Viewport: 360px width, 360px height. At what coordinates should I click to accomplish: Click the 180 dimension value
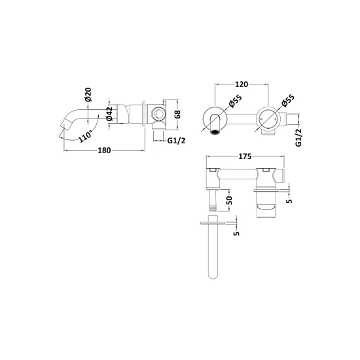[104, 151]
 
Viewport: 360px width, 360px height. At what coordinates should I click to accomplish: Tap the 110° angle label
[85, 136]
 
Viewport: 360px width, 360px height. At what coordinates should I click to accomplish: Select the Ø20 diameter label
[88, 94]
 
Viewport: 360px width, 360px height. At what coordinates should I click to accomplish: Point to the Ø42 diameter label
[109, 113]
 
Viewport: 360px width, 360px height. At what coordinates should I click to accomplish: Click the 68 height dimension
[177, 114]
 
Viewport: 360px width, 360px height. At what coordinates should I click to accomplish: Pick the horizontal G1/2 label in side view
[176, 140]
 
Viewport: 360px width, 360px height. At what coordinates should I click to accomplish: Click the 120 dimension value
[242, 84]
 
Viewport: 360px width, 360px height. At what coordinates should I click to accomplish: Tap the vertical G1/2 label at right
[298, 137]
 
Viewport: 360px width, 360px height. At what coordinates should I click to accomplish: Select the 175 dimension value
[245, 156]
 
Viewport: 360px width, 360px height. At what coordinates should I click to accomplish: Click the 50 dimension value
[230, 200]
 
